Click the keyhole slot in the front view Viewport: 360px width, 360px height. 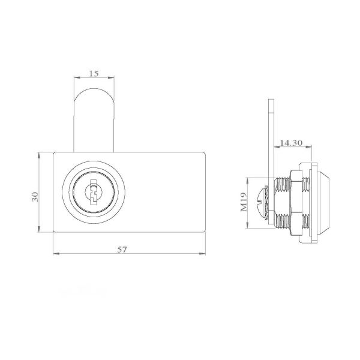[x=94, y=194]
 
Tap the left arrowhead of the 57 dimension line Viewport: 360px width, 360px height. [x=55, y=253]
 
